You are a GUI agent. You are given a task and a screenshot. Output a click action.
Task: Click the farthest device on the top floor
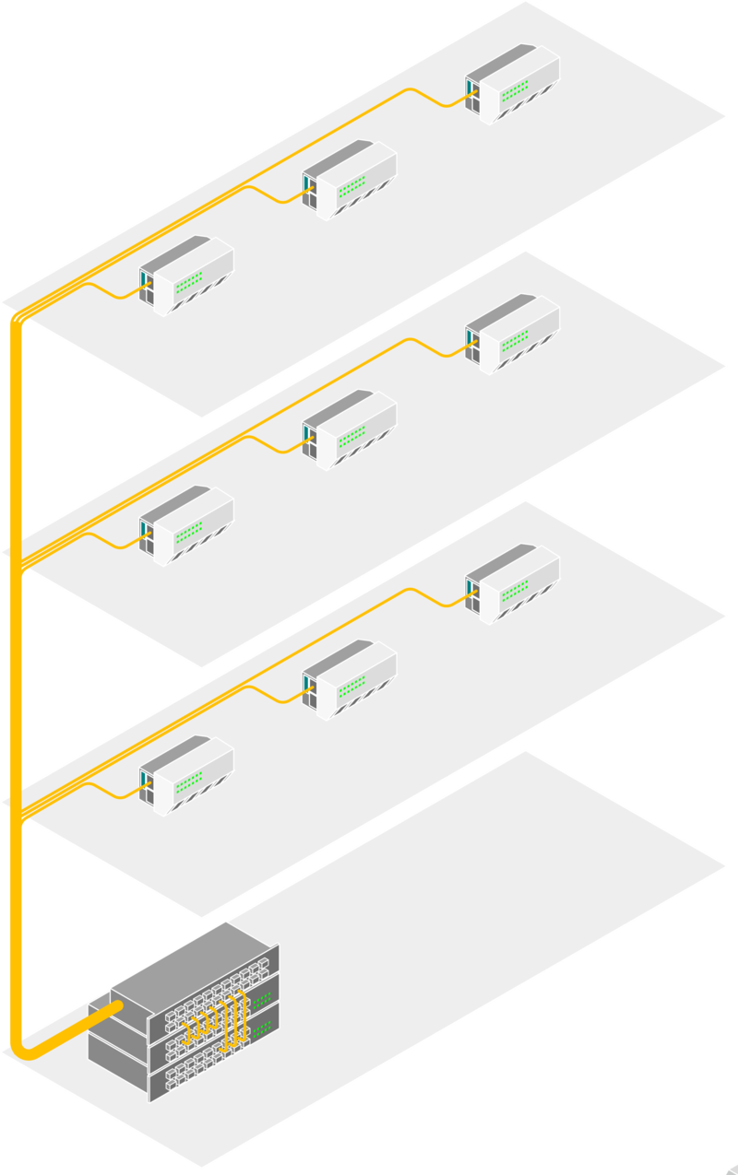(x=513, y=83)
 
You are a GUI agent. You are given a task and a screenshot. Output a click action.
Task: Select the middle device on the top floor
(x=350, y=180)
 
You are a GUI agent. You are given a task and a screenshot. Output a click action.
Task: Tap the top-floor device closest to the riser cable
(x=186, y=275)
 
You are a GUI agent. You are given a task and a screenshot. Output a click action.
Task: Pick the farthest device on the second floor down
(x=513, y=333)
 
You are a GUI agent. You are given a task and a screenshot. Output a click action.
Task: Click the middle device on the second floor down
(x=350, y=429)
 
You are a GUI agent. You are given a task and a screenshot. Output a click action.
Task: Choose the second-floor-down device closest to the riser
(x=186, y=525)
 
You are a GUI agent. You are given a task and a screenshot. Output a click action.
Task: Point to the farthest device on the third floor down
(x=513, y=583)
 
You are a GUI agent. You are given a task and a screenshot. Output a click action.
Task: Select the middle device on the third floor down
(x=350, y=679)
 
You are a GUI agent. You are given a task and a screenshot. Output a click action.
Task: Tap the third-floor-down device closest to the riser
(x=186, y=775)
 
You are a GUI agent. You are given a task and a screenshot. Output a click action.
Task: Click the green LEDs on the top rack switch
(x=262, y=999)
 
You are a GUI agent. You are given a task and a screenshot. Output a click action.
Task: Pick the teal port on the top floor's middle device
(x=305, y=182)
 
